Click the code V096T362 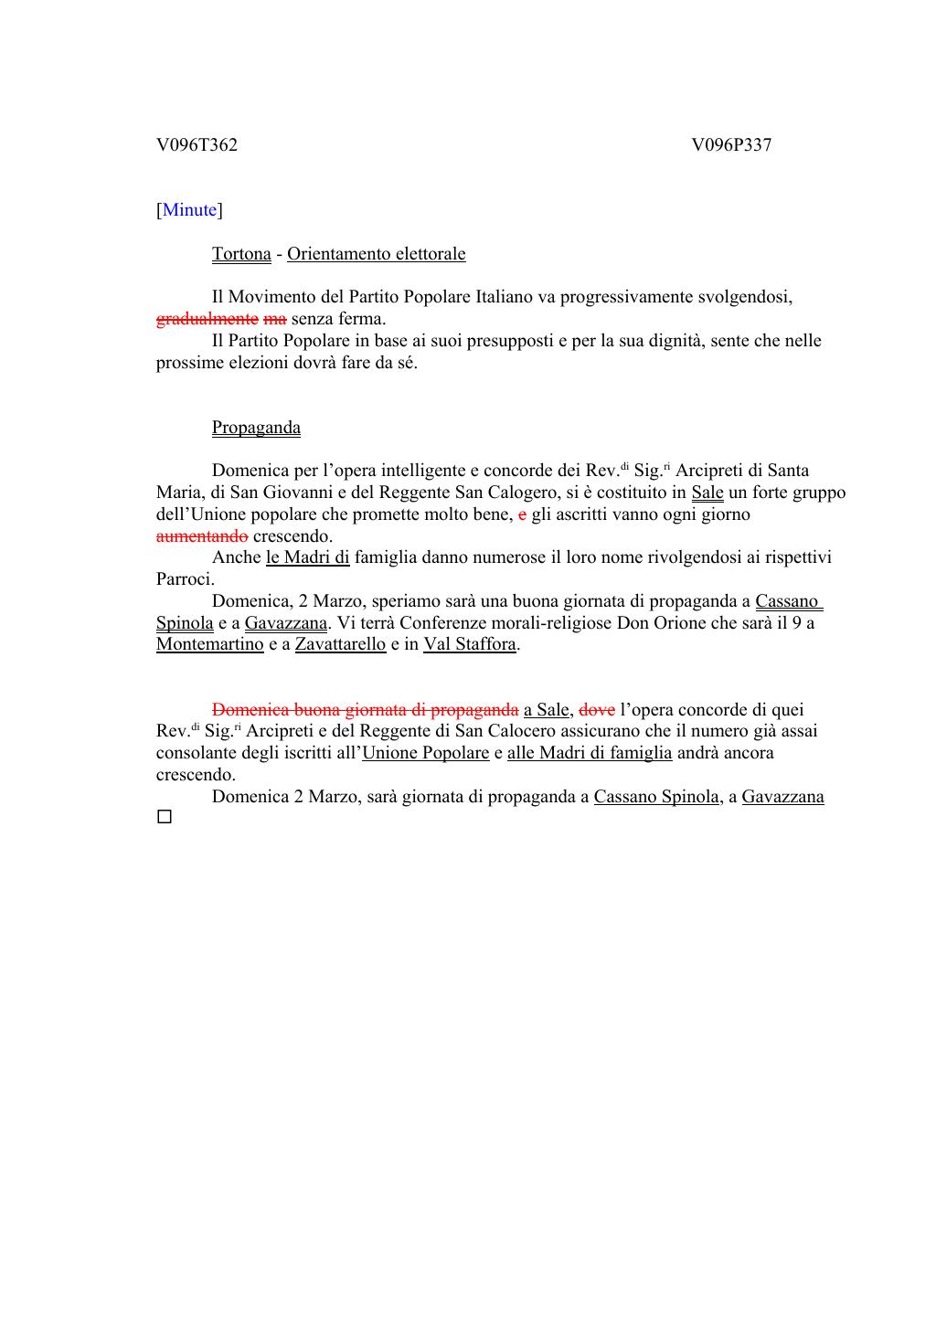pyautogui.click(x=197, y=145)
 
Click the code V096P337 pyautogui.click(x=731, y=145)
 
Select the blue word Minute pyautogui.click(x=189, y=210)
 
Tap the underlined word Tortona pyautogui.click(x=241, y=254)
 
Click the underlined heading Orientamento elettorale pyautogui.click(x=376, y=254)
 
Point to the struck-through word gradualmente pyautogui.click(x=207, y=319)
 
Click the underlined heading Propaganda pyautogui.click(x=256, y=428)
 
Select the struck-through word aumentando pyautogui.click(x=202, y=536)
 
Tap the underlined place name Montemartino pyautogui.click(x=209, y=644)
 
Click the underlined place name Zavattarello pyautogui.click(x=340, y=644)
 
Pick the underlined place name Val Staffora pyautogui.click(x=470, y=644)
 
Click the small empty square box pyautogui.click(x=165, y=817)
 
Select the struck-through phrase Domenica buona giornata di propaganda pyautogui.click(x=365, y=710)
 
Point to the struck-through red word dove pyautogui.click(x=597, y=710)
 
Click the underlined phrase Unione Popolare pyautogui.click(x=426, y=753)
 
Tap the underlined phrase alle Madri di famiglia pyautogui.click(x=590, y=753)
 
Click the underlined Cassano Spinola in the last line pyautogui.click(x=655, y=797)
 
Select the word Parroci pyautogui.click(x=185, y=579)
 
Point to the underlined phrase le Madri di pyautogui.click(x=307, y=557)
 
